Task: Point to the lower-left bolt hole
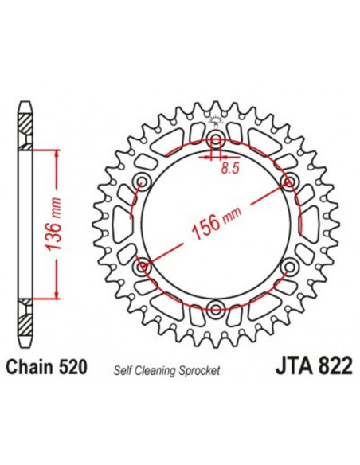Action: click(x=143, y=267)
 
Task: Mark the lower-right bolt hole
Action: click(x=287, y=267)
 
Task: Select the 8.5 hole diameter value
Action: click(x=229, y=168)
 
